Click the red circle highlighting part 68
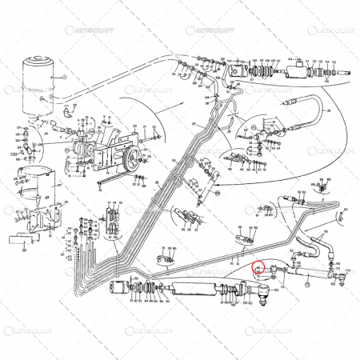(258, 270)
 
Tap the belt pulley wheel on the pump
(82, 151)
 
